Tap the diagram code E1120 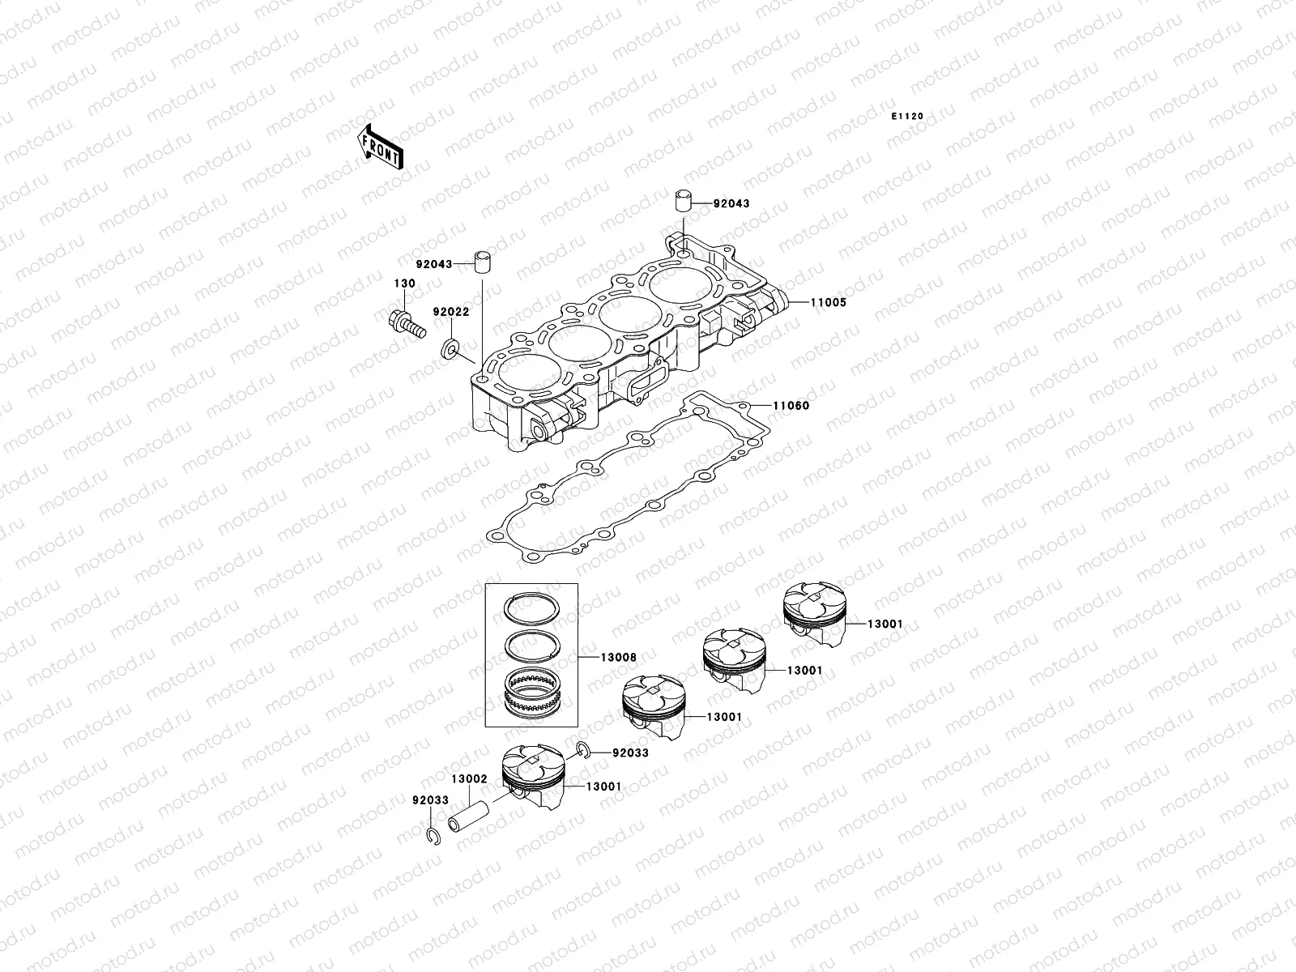tap(907, 117)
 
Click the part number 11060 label tap(791, 405)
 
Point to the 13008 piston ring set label tap(618, 658)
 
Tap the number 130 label tap(404, 283)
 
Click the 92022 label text tap(450, 311)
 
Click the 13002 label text tap(469, 778)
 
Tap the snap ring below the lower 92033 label tap(431, 838)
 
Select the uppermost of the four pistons tap(814, 615)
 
